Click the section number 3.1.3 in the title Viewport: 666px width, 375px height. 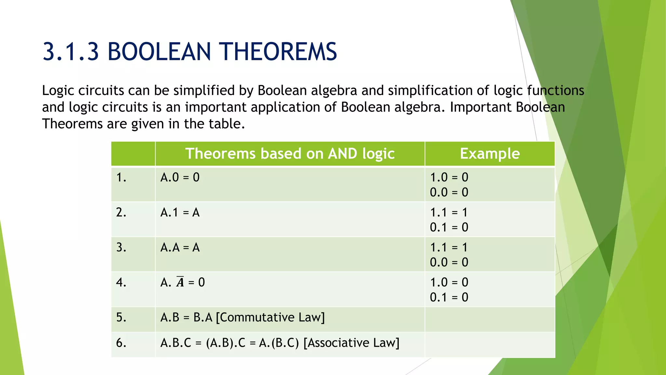[71, 52]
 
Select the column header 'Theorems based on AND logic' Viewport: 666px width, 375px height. [290, 154]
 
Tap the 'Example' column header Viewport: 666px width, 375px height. [489, 154]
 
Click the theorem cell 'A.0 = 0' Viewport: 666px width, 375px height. [180, 177]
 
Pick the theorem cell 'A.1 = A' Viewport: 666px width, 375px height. [180, 213]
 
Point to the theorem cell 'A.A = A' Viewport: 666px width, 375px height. [180, 248]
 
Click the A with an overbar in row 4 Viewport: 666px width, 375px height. [180, 282]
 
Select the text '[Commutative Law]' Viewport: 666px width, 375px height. [270, 317]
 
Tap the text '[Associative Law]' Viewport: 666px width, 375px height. [351, 343]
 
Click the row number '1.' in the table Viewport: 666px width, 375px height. [121, 177]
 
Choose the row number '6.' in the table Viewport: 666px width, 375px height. [121, 343]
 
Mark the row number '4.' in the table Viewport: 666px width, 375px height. [121, 282]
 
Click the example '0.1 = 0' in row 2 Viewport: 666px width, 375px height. [449, 227]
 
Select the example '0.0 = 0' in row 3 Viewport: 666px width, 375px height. [449, 262]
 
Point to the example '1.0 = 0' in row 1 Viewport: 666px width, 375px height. [449, 177]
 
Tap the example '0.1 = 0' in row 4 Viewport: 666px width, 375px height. [449, 297]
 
